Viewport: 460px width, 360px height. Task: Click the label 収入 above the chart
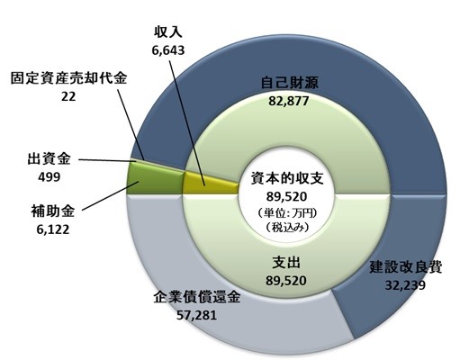(x=168, y=32)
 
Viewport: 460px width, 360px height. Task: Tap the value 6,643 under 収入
(x=168, y=50)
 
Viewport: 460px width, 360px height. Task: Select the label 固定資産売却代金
(x=68, y=78)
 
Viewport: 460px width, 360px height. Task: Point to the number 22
(x=68, y=96)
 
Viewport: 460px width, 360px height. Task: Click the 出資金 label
(x=49, y=158)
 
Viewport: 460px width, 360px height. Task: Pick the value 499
(x=49, y=176)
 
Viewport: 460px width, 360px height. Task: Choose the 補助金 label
(x=52, y=211)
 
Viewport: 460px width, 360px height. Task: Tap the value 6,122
(x=53, y=229)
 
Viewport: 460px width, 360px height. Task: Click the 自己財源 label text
(x=289, y=83)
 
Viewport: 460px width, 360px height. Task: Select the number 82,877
(x=289, y=101)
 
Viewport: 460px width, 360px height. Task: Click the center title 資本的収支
(x=287, y=178)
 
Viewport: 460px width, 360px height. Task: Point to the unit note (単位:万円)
(x=287, y=213)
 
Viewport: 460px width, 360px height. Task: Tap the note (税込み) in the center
(x=287, y=227)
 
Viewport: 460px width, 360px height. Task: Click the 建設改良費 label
(x=405, y=266)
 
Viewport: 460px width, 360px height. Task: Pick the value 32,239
(x=405, y=284)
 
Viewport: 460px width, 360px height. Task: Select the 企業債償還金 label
(x=197, y=298)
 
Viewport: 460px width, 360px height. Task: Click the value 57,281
(x=196, y=315)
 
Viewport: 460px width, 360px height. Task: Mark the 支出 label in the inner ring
(x=286, y=263)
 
